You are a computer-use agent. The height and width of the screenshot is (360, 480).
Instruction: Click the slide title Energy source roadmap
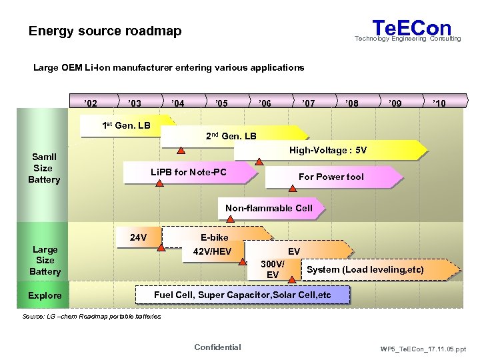click(105, 31)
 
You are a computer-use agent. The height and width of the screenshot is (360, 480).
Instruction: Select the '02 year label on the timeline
click(91, 103)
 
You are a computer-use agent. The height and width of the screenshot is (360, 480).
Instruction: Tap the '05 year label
click(221, 103)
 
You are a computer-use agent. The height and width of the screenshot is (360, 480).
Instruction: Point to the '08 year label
click(352, 103)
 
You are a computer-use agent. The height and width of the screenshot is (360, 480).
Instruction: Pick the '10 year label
click(439, 103)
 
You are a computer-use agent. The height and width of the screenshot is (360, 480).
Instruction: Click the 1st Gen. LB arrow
click(126, 125)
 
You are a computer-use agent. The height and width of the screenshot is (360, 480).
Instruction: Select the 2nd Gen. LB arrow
click(230, 136)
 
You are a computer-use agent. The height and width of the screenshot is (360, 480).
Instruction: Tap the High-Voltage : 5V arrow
click(327, 151)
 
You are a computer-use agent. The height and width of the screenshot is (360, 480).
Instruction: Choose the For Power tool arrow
click(331, 177)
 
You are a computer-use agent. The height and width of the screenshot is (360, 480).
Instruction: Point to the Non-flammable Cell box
click(269, 208)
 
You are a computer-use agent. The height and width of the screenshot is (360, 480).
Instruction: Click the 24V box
click(139, 237)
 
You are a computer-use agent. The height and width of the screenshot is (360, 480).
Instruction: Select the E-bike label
click(214, 237)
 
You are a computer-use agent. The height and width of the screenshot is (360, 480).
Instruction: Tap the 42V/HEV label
click(212, 251)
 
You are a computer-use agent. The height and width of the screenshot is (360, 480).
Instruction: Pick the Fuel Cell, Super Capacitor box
click(242, 295)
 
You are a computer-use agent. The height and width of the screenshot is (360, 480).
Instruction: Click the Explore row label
click(45, 295)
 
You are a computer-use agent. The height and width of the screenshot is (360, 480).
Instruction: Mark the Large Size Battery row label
click(45, 260)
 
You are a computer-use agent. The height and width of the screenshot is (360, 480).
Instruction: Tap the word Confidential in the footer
click(217, 347)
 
